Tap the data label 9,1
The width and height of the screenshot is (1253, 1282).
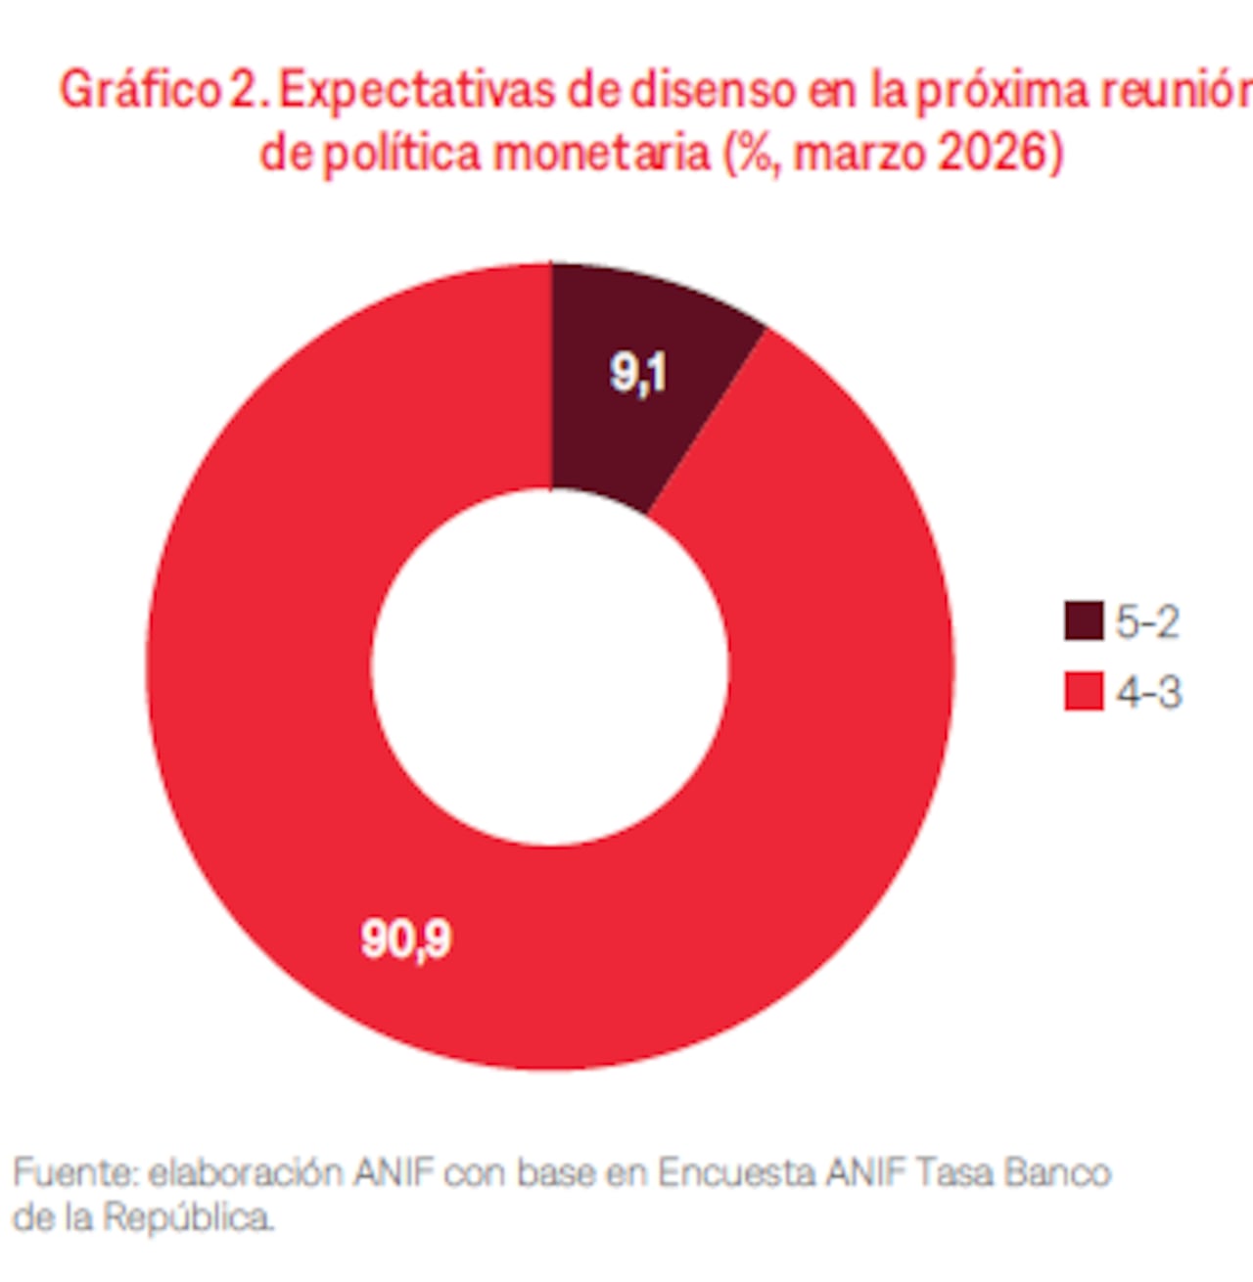pos(638,373)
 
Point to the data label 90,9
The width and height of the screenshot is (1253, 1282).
pos(406,939)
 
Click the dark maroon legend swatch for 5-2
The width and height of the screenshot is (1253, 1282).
pos(1083,621)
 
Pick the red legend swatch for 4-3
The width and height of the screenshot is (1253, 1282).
pos(1083,692)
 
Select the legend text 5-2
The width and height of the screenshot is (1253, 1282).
pos(1147,621)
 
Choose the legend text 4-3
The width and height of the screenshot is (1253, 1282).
pos(1148,692)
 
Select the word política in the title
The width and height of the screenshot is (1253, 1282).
pos(401,154)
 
